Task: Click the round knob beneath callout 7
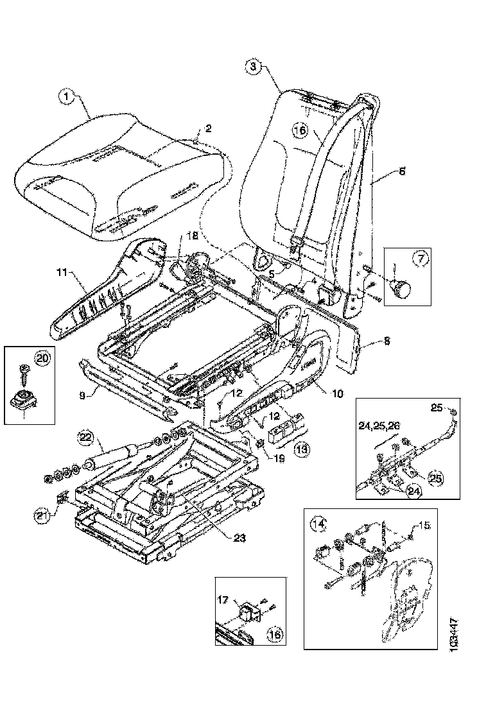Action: [x=403, y=289]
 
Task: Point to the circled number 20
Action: [x=42, y=359]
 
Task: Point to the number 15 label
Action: [x=423, y=526]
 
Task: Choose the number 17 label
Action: [x=223, y=601]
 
